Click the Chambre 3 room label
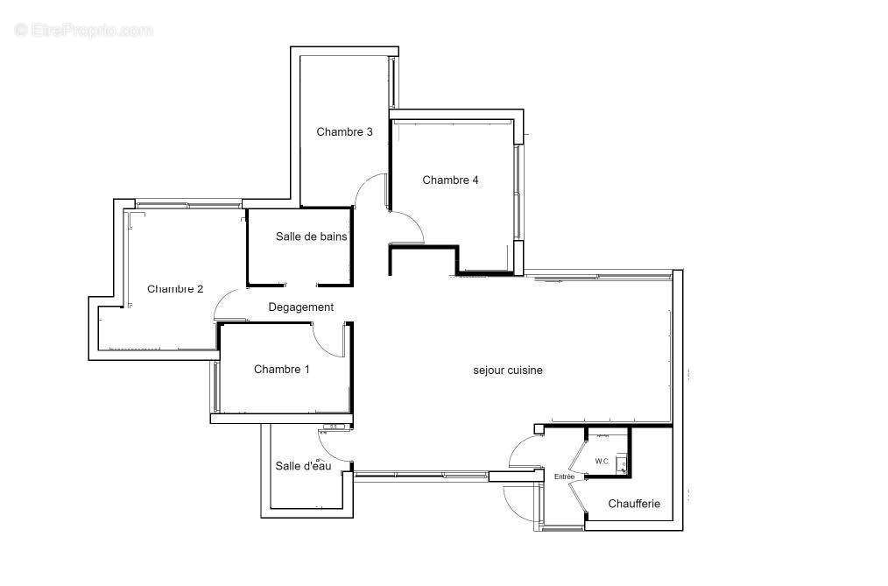pos(344,132)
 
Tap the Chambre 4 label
pos(450,180)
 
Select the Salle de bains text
pos(311,237)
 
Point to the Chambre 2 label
pos(175,289)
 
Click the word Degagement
pos(300,307)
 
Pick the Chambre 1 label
pos(281,369)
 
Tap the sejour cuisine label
pos(508,371)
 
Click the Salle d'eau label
pos(303,466)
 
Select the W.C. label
pos(602,462)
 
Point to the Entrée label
pos(564,477)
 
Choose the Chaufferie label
pos(634,504)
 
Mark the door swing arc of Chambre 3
pos(363,182)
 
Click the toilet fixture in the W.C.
pos(621,463)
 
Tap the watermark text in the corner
pos(83,30)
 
